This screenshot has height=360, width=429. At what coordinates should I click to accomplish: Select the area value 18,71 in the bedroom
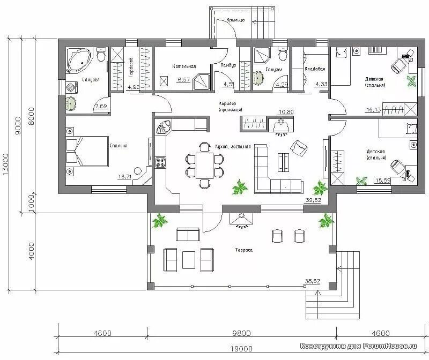point(124,176)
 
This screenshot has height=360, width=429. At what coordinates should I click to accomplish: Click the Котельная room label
point(184,66)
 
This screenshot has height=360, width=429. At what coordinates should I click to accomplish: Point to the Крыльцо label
point(235,19)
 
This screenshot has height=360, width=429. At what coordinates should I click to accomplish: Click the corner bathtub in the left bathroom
point(80,60)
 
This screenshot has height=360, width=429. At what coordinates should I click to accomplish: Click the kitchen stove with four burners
point(160,163)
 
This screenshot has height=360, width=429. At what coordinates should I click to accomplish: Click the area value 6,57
point(183,80)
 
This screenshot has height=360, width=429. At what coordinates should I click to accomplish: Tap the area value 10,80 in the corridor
point(286,112)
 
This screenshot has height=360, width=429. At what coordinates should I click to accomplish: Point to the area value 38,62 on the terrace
point(312,280)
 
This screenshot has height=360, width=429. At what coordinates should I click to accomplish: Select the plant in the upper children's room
point(411,81)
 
